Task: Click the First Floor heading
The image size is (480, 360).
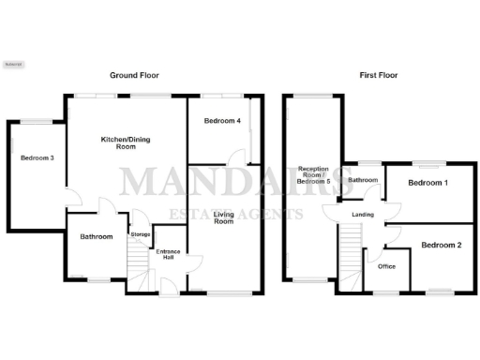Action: pyautogui.click(x=379, y=74)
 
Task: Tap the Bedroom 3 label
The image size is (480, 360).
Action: pyautogui.click(x=37, y=157)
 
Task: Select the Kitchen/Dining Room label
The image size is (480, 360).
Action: pyautogui.click(x=126, y=143)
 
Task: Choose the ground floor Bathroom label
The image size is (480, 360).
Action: pyautogui.click(x=96, y=236)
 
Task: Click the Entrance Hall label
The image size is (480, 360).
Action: pyautogui.click(x=169, y=253)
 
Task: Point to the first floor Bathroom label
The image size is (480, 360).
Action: pyautogui.click(x=363, y=179)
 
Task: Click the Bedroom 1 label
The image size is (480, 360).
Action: pyautogui.click(x=427, y=183)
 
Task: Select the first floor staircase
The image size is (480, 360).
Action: pyautogui.click(x=349, y=258)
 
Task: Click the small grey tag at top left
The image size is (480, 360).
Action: pyautogui.click(x=13, y=65)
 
